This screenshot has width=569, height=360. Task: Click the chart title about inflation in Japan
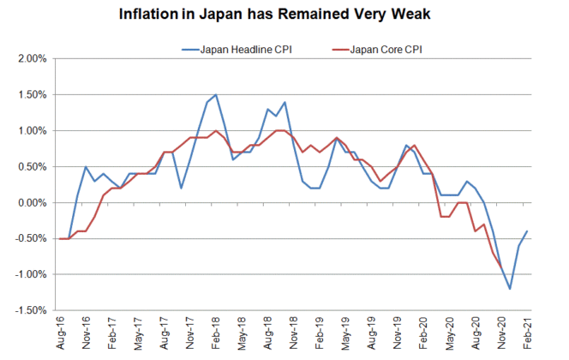coord(284,15)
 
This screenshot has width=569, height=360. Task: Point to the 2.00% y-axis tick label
coord(33,59)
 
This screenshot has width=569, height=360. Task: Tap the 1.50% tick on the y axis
coord(33,95)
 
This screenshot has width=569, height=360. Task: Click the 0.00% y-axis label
coord(33,203)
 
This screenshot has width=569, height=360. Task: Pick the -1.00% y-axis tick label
coord(31,275)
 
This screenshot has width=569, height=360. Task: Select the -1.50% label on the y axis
coord(31,310)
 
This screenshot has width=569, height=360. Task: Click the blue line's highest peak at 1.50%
coord(215,95)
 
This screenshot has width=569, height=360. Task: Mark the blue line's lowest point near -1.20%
coord(510,289)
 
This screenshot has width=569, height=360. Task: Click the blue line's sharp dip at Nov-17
coord(181,188)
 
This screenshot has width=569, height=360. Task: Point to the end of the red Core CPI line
coord(501,271)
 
